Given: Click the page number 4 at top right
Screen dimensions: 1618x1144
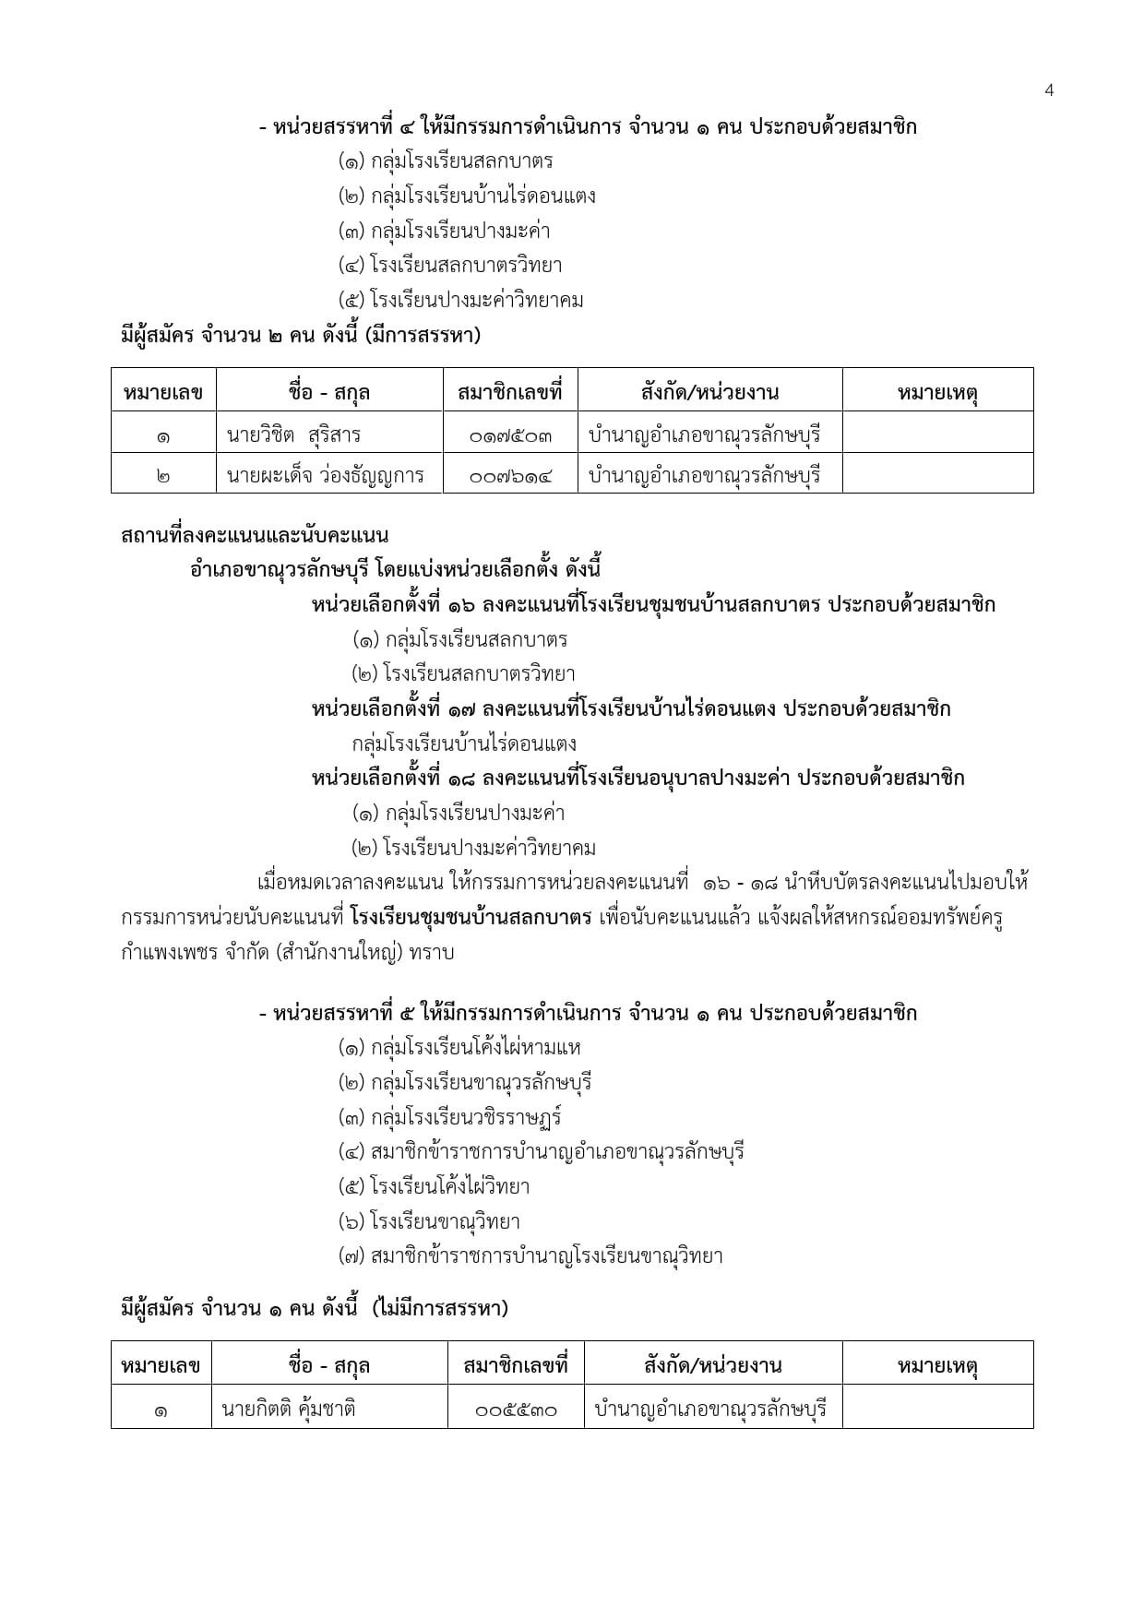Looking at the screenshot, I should coord(1049,89).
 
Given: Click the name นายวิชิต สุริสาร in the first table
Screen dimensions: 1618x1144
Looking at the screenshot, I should coord(293,434).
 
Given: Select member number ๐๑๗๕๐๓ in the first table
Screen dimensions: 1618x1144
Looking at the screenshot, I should coord(510,434).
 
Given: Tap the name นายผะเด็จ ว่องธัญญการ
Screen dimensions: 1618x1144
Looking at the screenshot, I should coord(325,475).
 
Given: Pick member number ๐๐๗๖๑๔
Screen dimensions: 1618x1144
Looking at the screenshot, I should coord(510,476).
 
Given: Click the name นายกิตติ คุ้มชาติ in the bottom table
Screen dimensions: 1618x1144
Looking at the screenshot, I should coord(289,1409).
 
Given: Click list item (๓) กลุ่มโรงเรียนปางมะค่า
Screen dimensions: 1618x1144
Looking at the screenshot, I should coord(445,231).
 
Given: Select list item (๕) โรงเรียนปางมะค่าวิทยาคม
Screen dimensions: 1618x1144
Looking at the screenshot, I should coord(461,300).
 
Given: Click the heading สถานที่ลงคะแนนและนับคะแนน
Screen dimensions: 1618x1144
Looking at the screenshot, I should coord(255,535).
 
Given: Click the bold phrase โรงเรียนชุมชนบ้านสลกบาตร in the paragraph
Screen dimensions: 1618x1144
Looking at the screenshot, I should coord(471,917).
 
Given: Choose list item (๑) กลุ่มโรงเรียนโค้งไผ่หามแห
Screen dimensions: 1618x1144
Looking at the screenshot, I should coord(459,1047).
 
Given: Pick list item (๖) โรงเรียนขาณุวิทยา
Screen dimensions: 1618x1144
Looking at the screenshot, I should coord(429,1221).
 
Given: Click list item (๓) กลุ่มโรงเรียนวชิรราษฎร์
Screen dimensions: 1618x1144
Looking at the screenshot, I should coord(450,1117).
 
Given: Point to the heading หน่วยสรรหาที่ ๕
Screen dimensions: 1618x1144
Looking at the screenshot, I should coord(588,1013).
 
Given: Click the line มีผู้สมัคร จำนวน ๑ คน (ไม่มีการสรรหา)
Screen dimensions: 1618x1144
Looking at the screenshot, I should coord(315,1307).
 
